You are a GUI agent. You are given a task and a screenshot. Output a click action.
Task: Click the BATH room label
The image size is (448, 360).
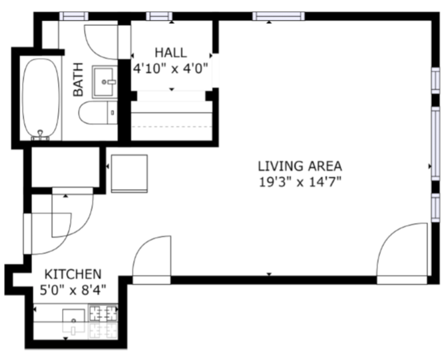[79, 79]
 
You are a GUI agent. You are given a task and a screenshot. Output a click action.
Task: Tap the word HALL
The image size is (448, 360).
[171, 53]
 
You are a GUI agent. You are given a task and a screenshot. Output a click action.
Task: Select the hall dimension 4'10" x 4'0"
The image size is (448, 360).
[171, 67]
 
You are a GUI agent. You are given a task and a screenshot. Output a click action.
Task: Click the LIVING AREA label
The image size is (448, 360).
[300, 166]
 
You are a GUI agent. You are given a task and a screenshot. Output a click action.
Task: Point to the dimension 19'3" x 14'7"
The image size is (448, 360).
[300, 181]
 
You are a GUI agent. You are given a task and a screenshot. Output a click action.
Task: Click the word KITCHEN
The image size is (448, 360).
[73, 274]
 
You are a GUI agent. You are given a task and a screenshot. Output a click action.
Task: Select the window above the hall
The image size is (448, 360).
[158, 16]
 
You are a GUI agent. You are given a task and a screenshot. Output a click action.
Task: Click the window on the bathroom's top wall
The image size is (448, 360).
[73, 16]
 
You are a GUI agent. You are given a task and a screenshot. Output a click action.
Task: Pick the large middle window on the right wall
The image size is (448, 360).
[435, 142]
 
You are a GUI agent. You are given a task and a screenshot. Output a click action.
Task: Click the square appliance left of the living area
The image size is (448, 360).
[129, 173]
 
